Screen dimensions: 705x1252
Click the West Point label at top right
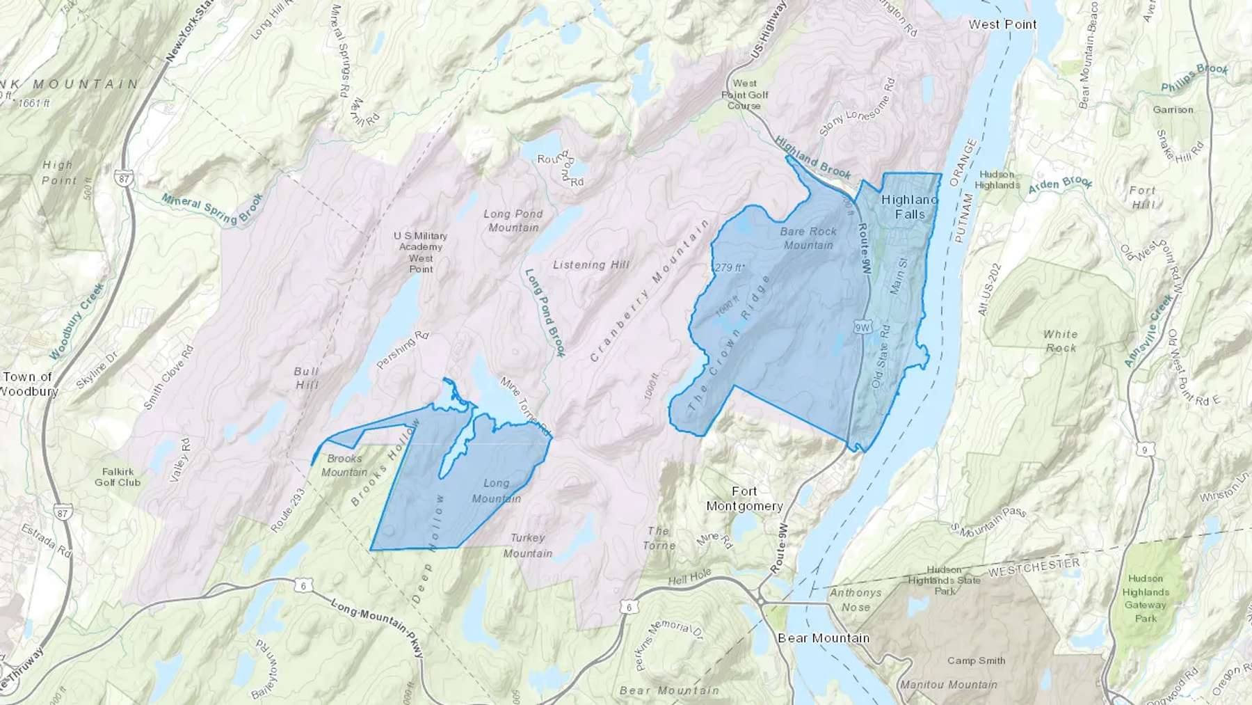pos(1002,24)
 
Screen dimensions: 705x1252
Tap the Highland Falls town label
pos(909,207)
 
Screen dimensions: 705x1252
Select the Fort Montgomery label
pos(744,498)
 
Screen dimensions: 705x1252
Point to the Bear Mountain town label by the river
pos(824,637)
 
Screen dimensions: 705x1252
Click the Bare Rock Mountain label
pos(808,238)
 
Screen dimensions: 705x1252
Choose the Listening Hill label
pos(591,264)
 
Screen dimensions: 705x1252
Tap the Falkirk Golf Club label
pos(118,477)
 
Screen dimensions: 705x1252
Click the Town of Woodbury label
pos(28,383)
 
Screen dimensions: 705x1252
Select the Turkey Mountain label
pos(527,545)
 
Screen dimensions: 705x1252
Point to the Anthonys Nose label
pos(856,599)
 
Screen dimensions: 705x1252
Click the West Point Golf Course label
pos(744,95)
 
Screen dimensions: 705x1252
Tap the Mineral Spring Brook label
pos(212,208)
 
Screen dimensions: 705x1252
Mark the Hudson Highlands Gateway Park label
pos(1145,598)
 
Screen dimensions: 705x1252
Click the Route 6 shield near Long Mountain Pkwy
pos(303,586)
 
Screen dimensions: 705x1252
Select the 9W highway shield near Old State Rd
pos(862,326)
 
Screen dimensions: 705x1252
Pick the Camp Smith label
pos(976,660)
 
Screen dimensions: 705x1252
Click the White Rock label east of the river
pos(1060,340)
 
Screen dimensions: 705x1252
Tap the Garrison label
pos(1173,109)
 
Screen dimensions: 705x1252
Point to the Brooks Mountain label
pos(344,465)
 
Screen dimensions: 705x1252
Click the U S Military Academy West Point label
pos(420,252)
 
